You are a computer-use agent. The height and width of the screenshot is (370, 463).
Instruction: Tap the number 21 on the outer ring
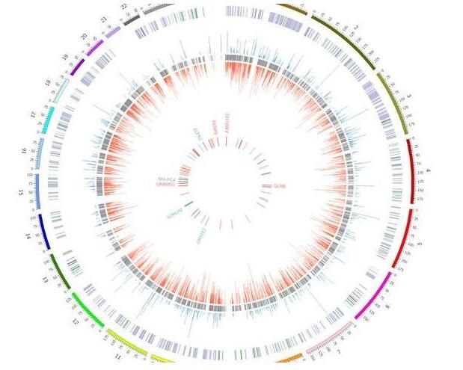(x=104, y=18)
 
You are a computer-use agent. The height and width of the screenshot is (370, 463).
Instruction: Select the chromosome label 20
(x=84, y=35)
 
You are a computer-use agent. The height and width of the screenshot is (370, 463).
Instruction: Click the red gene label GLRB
(x=279, y=185)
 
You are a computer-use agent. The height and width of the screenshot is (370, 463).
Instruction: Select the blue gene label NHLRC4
(x=165, y=179)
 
